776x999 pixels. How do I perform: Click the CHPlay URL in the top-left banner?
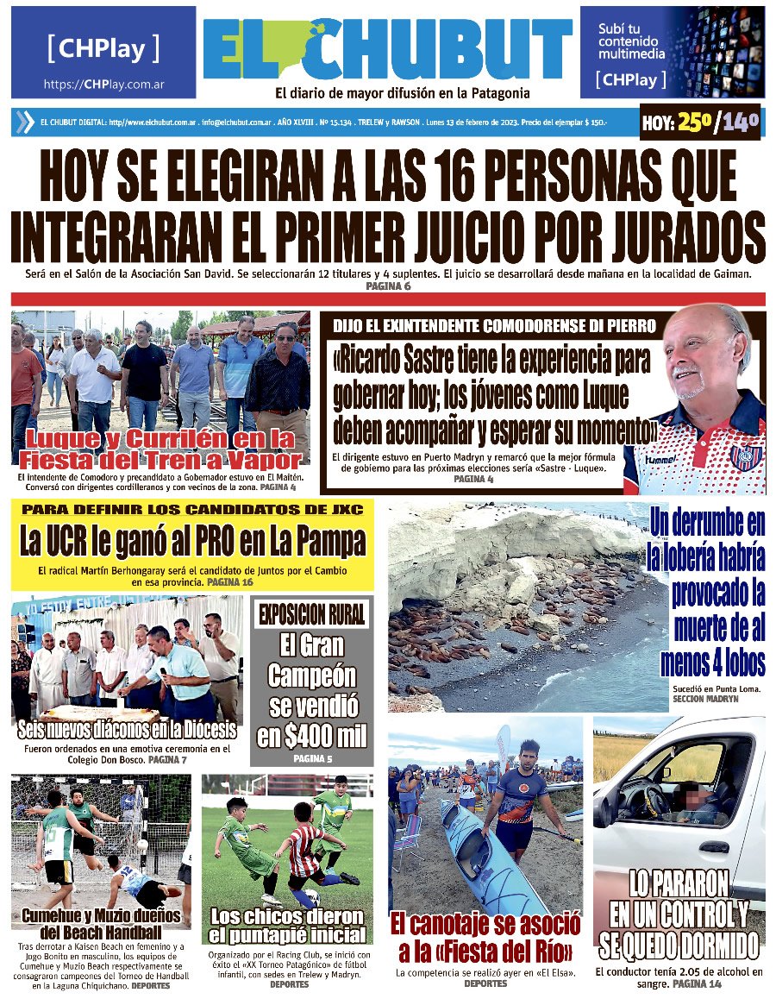[103, 85]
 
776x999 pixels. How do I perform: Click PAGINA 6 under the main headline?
[388, 285]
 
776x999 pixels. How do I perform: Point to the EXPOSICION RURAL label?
[311, 614]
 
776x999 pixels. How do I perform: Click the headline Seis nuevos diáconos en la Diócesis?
[127, 731]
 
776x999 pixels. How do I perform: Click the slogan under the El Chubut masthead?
[402, 93]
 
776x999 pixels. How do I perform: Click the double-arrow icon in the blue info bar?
[24, 123]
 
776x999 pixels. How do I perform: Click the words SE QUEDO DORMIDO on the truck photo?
[679, 946]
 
